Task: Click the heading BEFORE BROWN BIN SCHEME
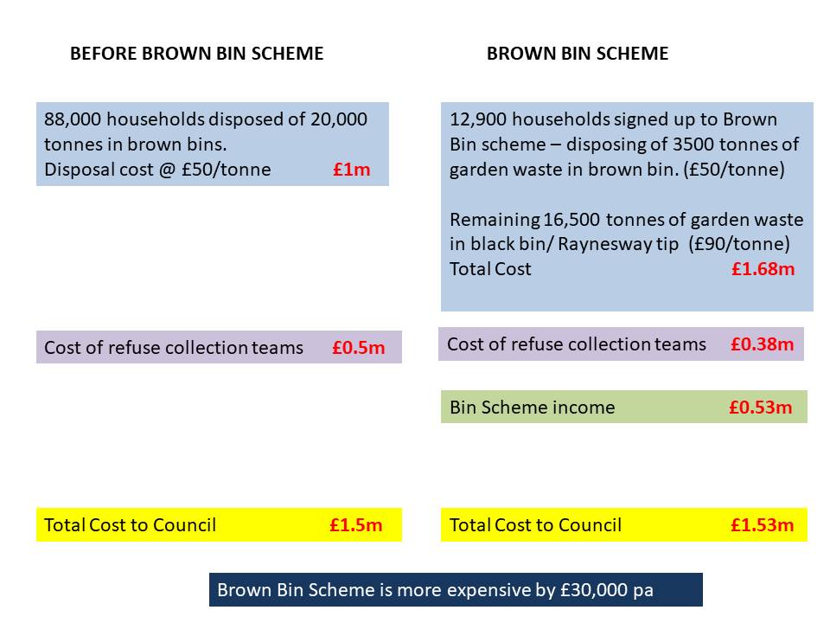pos(196,54)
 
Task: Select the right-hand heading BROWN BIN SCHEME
pos(578,54)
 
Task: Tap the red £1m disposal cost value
pos(351,170)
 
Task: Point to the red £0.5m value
pos(358,348)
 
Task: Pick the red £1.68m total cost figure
pos(763,269)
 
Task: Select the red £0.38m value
pos(762,344)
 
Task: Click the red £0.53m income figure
pos(760,408)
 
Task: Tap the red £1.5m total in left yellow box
pos(355,524)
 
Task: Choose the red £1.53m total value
pos(762,524)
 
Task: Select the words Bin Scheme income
pos(532,408)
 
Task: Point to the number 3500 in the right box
pos(686,145)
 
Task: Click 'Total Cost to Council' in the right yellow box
pos(535,524)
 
